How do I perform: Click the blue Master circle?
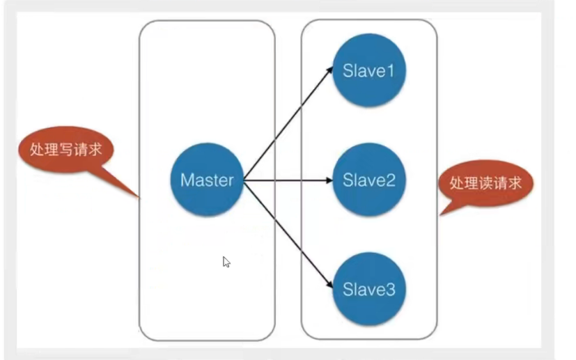pyautogui.click(x=207, y=180)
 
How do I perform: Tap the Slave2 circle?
pyautogui.click(x=369, y=180)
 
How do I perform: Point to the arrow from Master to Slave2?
pyautogui.click(x=287, y=180)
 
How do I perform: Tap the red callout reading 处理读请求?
pyautogui.click(x=485, y=183)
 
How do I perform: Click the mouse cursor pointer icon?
pyautogui.click(x=226, y=261)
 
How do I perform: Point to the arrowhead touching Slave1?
pyautogui.click(x=329, y=70)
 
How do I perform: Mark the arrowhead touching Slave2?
pyautogui.click(x=329, y=180)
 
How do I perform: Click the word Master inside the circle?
pyautogui.click(x=207, y=180)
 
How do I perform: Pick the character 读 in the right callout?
pyautogui.click(x=486, y=183)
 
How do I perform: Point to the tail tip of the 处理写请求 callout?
pyautogui.click(x=139, y=198)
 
